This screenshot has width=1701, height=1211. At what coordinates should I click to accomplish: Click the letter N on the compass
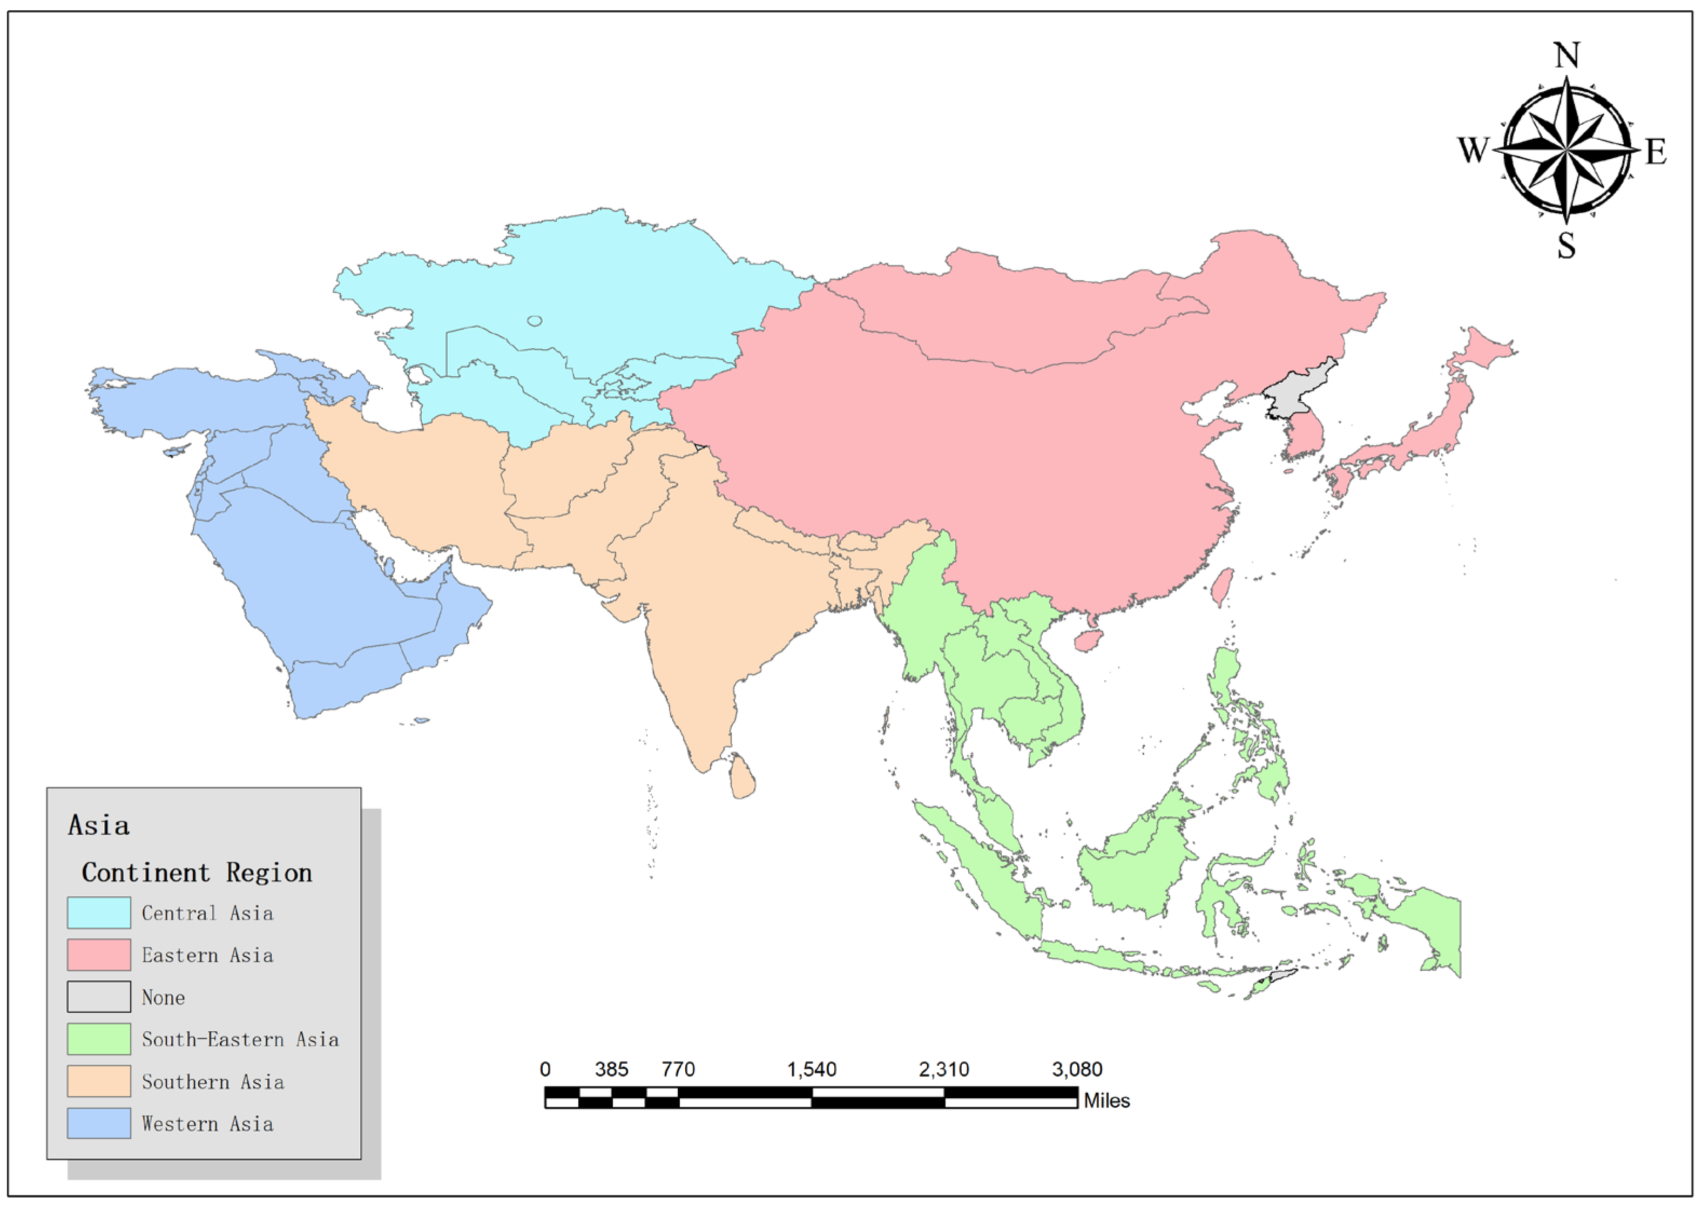click(1566, 55)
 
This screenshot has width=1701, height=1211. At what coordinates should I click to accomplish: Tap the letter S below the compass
click(1566, 245)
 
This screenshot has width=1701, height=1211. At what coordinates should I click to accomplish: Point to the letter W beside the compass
click(1473, 150)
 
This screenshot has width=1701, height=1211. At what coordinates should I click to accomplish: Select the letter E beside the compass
click(1656, 152)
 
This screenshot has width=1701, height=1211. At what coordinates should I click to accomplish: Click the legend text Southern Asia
click(213, 1082)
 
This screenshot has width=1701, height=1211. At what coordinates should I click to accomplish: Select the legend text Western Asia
click(207, 1124)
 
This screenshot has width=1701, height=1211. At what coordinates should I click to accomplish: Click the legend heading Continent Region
click(197, 872)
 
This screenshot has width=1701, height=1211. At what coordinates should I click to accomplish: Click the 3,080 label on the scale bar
click(1077, 1070)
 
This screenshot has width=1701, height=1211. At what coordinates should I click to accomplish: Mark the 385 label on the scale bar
click(611, 1070)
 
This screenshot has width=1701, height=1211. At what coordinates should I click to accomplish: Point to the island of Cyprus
click(176, 451)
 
